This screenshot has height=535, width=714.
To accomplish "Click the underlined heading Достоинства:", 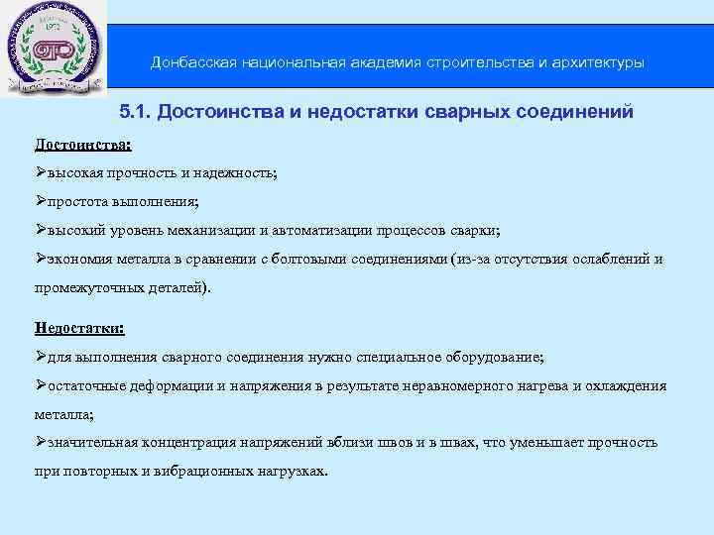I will tap(82, 145).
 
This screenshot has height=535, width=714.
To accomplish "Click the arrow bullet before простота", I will tap(41, 202).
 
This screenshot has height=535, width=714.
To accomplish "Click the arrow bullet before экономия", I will tap(41, 260).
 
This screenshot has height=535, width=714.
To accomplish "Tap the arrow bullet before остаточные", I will tap(41, 385).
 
